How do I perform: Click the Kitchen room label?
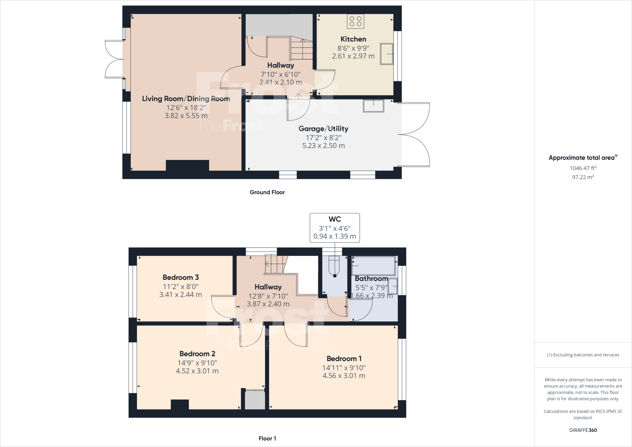(x=353, y=39)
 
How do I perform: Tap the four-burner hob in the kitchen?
(x=355, y=21)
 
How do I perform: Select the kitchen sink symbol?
(x=387, y=54)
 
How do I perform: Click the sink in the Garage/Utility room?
(x=373, y=106)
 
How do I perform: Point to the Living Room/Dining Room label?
(x=186, y=99)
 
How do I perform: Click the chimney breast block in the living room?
(x=187, y=165)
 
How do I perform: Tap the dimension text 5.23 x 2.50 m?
(x=323, y=146)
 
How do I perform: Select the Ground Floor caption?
(x=267, y=192)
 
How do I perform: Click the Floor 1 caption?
(x=267, y=438)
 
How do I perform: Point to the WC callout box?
(x=335, y=228)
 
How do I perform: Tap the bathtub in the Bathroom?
(x=373, y=265)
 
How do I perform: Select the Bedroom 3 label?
(x=181, y=277)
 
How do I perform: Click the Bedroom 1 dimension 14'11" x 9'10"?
(x=344, y=368)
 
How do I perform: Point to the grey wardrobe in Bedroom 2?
(x=255, y=400)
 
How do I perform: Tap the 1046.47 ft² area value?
(x=583, y=168)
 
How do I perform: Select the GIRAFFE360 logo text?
(x=583, y=430)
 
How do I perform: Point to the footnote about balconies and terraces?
(x=583, y=355)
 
